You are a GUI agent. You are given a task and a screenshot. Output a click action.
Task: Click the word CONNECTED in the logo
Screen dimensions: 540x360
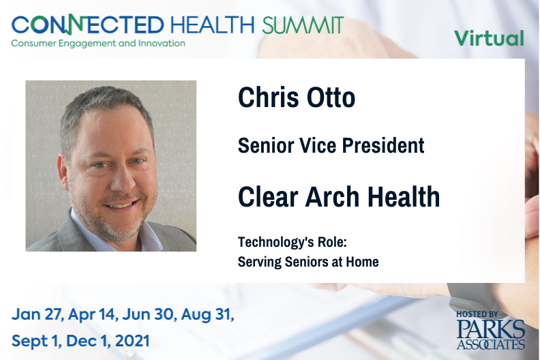tap(88, 25)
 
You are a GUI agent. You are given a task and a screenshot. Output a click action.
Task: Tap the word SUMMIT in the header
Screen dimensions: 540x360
tap(303, 25)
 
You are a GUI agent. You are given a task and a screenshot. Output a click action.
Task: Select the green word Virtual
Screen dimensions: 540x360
tap(490, 38)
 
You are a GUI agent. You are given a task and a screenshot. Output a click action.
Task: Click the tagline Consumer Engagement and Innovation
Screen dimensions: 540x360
tap(98, 44)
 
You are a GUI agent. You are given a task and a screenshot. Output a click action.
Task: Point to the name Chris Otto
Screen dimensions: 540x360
tap(297, 97)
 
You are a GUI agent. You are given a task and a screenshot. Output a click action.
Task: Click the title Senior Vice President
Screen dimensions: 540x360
tap(331, 145)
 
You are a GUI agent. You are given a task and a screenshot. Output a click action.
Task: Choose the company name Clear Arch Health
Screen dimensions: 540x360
tap(339, 197)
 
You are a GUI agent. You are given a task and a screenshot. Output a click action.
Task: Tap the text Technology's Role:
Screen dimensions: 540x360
tap(292, 242)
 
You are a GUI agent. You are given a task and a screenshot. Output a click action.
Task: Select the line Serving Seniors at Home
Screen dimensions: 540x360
tap(308, 262)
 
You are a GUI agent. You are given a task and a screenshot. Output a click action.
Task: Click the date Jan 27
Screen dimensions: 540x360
tap(37, 314)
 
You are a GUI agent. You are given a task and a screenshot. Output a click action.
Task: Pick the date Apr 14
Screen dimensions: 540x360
tap(92, 315)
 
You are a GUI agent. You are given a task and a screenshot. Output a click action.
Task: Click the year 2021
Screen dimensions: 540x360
tap(132, 341)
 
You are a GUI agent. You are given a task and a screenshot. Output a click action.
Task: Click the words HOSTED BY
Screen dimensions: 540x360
tap(477, 314)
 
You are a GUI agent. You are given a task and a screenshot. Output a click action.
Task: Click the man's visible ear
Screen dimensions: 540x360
tap(63, 170)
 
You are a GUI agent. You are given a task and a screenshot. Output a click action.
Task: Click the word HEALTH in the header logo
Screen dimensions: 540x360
tap(212, 25)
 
